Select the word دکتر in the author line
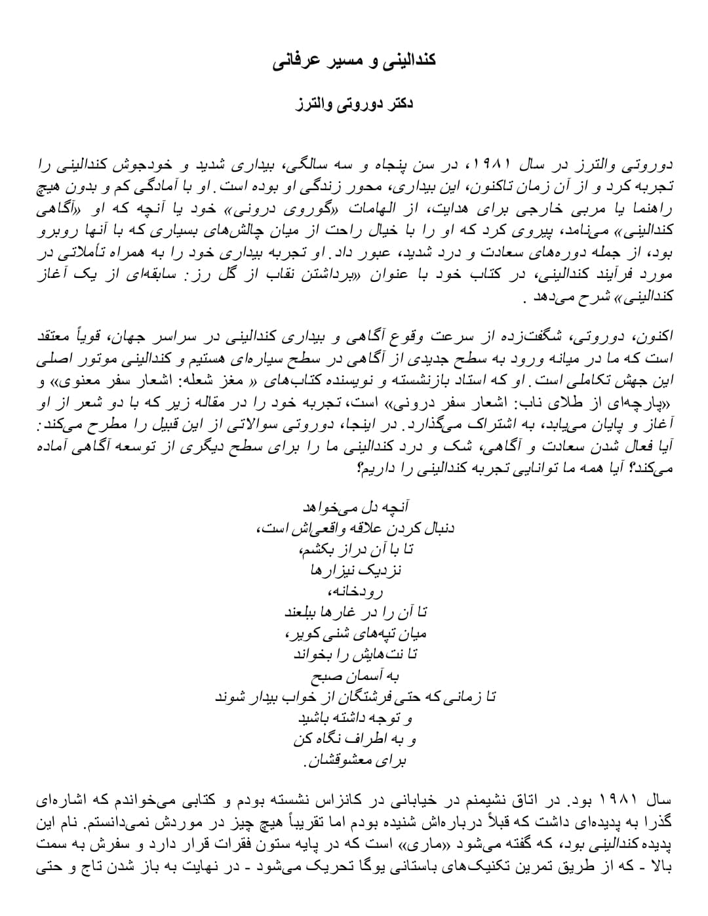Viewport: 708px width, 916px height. pos(398,104)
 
